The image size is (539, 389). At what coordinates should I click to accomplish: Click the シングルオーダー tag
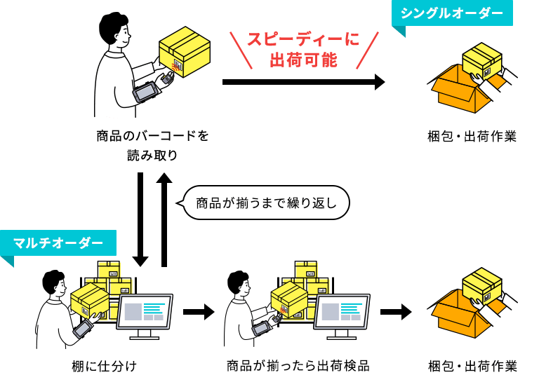click(x=453, y=13)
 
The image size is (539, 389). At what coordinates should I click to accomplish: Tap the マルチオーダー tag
click(x=58, y=243)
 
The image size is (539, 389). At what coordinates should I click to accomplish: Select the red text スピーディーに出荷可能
click(x=303, y=50)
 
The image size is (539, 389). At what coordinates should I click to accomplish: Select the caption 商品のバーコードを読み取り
click(x=152, y=145)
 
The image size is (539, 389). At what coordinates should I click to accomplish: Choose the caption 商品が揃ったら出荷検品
click(x=298, y=366)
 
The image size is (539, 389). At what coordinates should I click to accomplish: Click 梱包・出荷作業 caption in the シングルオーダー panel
click(x=472, y=136)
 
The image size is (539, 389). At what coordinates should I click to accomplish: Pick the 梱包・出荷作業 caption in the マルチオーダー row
click(x=472, y=366)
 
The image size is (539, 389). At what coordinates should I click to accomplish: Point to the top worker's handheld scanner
click(x=148, y=91)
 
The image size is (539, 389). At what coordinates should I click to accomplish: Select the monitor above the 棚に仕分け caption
click(x=146, y=313)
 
